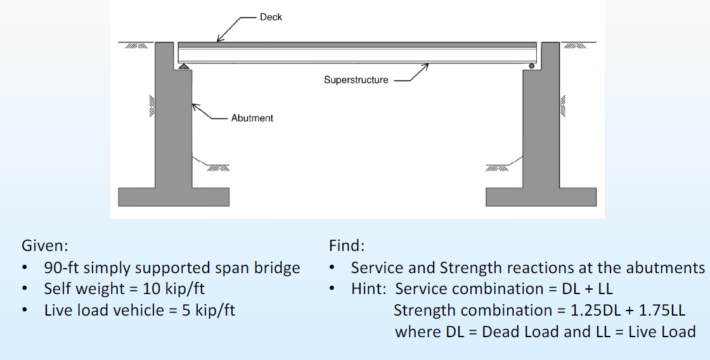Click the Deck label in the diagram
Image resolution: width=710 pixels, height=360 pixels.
271,17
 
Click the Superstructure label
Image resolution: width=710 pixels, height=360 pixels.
356,80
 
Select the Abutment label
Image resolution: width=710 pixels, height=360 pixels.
252,118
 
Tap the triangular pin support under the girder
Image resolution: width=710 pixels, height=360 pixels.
183,65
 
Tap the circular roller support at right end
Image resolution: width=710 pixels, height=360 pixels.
532,65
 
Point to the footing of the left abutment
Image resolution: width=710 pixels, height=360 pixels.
173,196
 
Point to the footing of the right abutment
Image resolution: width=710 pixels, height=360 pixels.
541,196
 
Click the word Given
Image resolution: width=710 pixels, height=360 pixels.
44,245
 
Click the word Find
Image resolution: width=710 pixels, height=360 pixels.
346,245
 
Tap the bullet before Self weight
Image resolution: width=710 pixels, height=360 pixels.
24,289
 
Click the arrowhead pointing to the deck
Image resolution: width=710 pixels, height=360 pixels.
219,39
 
